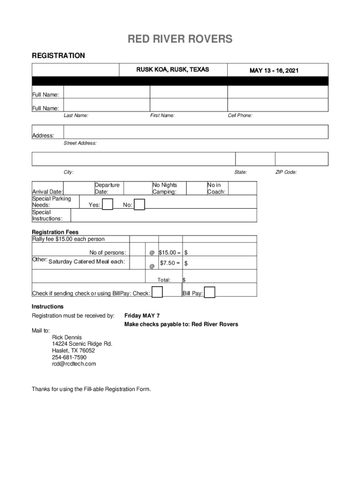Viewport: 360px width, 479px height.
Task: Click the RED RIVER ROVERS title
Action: click(180, 39)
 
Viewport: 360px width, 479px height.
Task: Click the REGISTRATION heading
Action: click(58, 56)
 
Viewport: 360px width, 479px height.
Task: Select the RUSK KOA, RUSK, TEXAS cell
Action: click(173, 70)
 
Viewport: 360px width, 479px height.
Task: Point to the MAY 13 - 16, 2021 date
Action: click(274, 71)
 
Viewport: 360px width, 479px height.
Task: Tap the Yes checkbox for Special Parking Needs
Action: click(108, 204)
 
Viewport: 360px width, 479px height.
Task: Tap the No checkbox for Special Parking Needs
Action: click(139, 205)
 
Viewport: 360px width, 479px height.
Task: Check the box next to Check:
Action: click(157, 292)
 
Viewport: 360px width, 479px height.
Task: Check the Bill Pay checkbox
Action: click(210, 292)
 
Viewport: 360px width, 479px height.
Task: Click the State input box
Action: click(255, 159)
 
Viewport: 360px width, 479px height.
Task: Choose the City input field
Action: click(133, 159)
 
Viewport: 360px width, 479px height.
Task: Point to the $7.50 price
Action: click(168, 263)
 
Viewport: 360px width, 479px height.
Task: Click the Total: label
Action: click(164, 280)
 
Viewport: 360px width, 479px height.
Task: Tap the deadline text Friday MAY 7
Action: click(142, 316)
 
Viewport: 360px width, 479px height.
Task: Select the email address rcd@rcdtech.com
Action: click(74, 363)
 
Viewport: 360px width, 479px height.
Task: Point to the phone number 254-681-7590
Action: click(69, 357)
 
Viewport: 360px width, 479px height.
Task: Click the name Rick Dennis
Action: click(67, 337)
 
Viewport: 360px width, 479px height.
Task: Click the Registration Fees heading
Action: click(55, 232)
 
